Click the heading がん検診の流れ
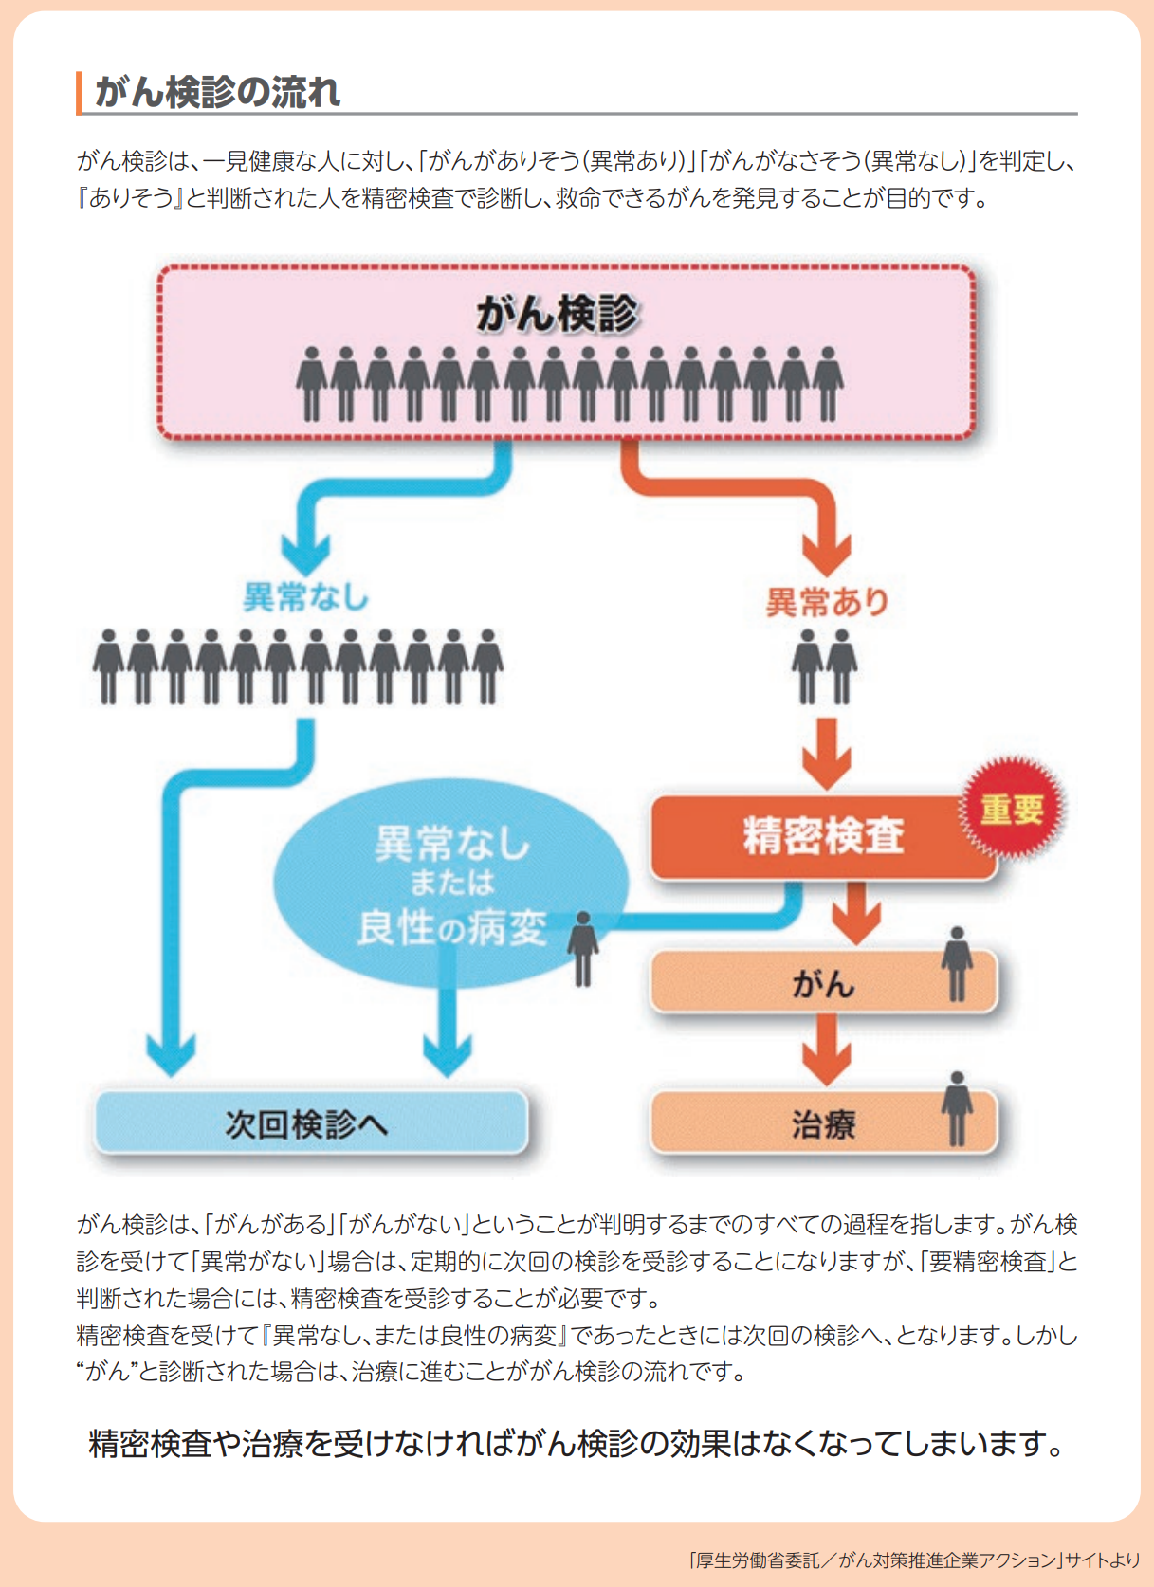click(217, 93)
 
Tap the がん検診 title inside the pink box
click(558, 314)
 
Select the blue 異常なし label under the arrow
click(305, 597)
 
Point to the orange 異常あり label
click(827, 601)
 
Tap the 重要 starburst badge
click(1013, 809)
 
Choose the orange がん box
click(822, 983)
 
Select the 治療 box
click(822, 1125)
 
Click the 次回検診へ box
click(310, 1123)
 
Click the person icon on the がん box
click(957, 963)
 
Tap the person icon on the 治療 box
click(957, 1108)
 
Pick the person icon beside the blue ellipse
click(583, 948)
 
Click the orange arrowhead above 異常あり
click(827, 553)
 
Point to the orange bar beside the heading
click(80, 93)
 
